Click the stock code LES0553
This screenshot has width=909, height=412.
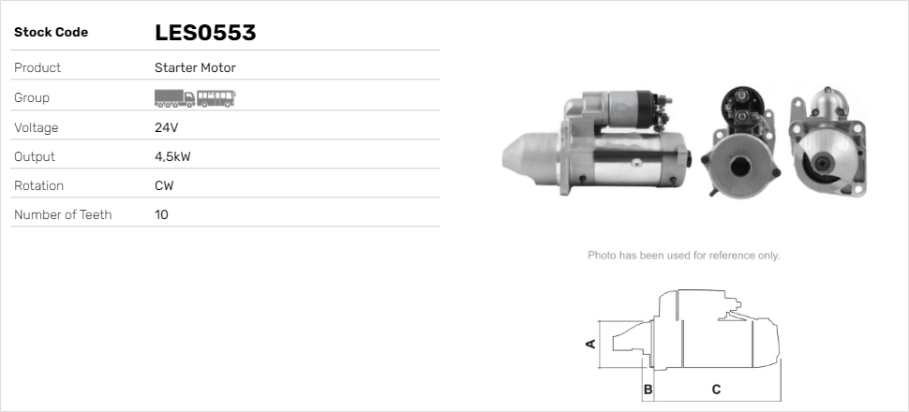coord(205,33)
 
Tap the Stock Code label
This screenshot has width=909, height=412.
coord(51,33)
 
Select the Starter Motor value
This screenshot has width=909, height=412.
coord(195,67)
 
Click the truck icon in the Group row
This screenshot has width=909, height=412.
coord(174,98)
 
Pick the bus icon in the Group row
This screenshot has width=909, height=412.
coord(216,98)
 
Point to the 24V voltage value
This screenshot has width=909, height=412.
coord(167,127)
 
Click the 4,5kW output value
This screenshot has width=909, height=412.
coord(172,157)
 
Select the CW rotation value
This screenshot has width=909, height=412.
coord(164,186)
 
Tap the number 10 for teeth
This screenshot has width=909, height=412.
coord(161,215)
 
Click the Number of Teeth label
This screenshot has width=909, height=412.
coord(63,215)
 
